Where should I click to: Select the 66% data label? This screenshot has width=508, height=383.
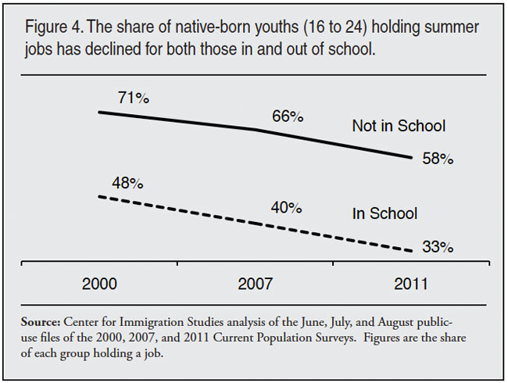click(287, 116)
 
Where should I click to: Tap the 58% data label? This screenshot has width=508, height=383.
click(438, 159)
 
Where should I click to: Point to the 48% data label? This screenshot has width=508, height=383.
click(127, 184)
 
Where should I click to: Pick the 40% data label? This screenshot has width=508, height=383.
click(286, 208)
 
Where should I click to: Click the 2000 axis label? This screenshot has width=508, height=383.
click(99, 283)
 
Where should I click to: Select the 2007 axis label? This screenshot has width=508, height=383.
click(256, 283)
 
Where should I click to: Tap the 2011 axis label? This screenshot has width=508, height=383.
click(412, 283)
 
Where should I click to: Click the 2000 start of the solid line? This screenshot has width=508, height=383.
click(99, 113)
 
